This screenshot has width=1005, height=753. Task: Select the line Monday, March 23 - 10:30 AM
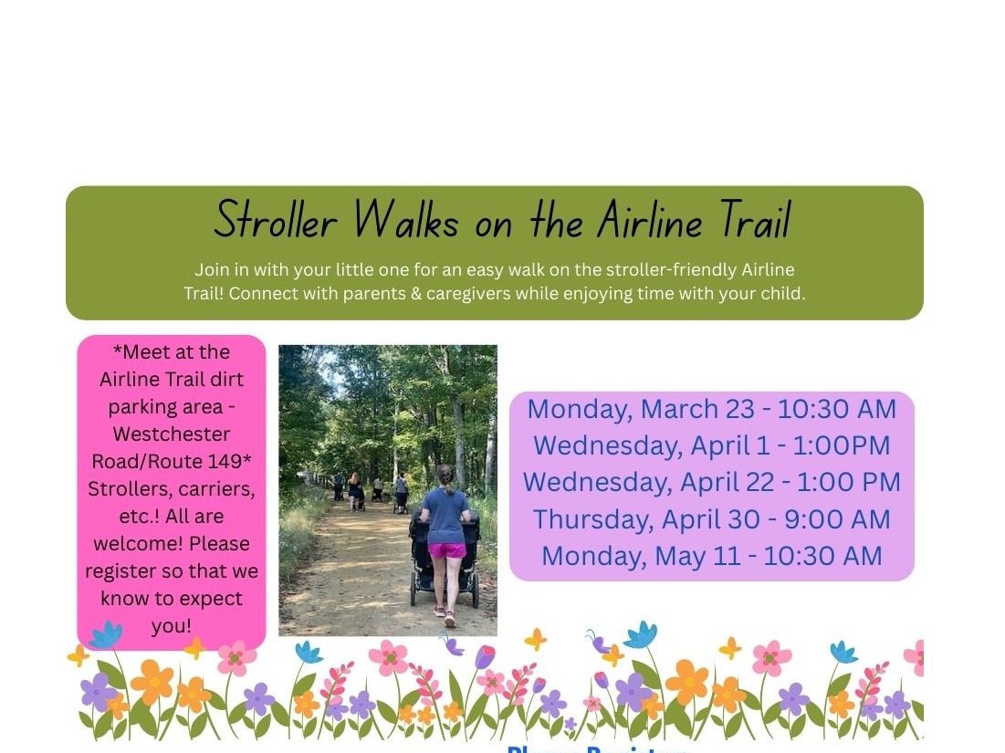[711, 409]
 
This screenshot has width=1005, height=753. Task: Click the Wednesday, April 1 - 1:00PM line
[711, 445]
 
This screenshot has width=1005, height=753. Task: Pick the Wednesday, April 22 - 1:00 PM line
[711, 482]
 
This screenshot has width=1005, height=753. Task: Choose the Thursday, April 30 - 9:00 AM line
[711, 519]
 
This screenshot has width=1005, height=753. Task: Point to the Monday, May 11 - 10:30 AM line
[711, 556]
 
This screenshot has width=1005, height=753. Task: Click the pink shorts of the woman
[447, 550]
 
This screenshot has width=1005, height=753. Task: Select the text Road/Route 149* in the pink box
[173, 461]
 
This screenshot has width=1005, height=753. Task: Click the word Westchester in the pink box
[172, 434]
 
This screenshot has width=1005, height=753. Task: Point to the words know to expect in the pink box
[172, 599]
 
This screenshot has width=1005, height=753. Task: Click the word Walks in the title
[406, 221]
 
